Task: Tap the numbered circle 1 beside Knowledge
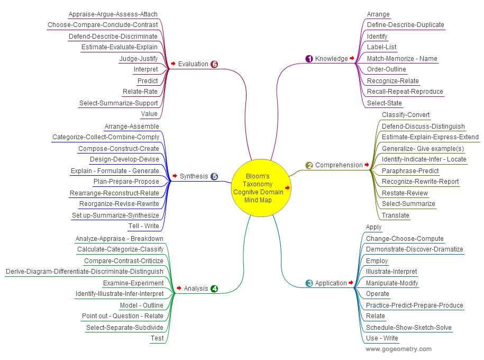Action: point(309,59)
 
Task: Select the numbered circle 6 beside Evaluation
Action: point(214,64)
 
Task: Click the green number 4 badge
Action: point(214,289)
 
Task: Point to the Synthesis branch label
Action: point(194,176)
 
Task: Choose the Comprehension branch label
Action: point(339,165)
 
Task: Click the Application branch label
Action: point(331,283)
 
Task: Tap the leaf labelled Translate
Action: point(395,215)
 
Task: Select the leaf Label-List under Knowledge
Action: point(381,47)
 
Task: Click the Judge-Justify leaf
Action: point(139,59)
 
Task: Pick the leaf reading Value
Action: point(149,114)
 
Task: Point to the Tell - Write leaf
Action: point(143,226)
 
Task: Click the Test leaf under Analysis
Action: point(157,338)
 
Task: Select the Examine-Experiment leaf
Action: point(133,283)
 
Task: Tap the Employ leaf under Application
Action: point(377,261)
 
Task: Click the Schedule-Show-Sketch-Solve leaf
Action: point(408,328)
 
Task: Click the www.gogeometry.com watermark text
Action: point(398,349)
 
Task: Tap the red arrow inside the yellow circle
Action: point(288,187)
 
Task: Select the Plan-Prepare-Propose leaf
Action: point(126,182)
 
